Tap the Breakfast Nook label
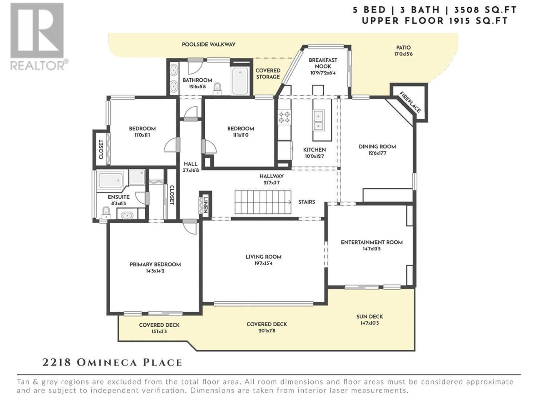tap(323, 63)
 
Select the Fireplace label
tap(410, 102)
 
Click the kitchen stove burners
tap(285, 117)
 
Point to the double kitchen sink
tap(318, 120)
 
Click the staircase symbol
tap(263, 202)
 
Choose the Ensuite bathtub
tap(111, 180)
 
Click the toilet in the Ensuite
tap(106, 213)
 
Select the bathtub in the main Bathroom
tap(240, 81)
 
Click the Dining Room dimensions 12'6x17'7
tap(377, 153)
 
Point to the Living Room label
tap(263, 257)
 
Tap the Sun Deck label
tap(370, 317)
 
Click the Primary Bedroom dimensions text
tap(155, 271)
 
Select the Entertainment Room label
tap(371, 242)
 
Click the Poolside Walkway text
tap(209, 45)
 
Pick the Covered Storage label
tap(268, 74)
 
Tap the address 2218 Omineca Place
tap(112, 362)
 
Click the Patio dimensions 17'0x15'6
tap(403, 54)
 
